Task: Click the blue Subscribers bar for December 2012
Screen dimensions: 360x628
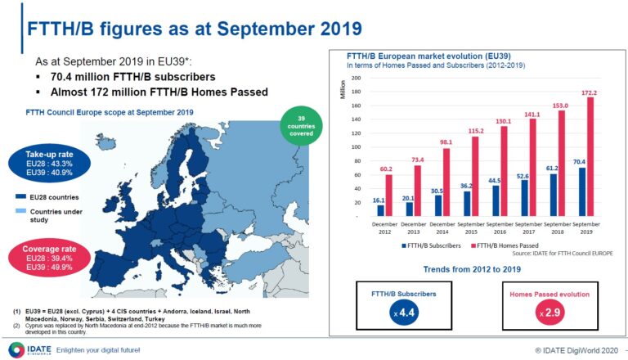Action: pos(380,210)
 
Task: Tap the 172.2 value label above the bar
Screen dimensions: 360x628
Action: pos(590,92)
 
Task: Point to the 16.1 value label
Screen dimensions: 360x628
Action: pos(379,199)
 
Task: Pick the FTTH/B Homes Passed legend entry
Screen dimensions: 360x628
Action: pos(504,245)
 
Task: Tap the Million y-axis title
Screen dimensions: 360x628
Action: pos(343,89)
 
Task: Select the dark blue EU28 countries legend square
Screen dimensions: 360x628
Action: pos(19,196)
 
